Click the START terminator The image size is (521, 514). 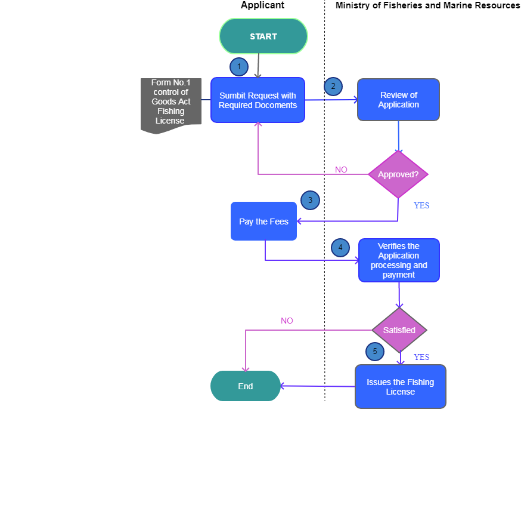pos(263,36)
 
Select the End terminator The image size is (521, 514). pos(246,386)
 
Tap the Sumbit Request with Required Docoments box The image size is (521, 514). pos(258,100)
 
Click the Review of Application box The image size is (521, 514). pos(398,100)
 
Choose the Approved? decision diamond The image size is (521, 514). pos(398,174)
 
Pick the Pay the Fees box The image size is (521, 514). pos(263,221)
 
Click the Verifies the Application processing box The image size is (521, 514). pos(399,260)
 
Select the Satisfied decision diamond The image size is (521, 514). pos(399,330)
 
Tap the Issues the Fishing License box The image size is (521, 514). pos(400,387)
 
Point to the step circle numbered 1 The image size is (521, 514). pos(239,67)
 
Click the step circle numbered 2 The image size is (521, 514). pos(333,86)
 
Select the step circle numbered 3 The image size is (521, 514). pos(310,200)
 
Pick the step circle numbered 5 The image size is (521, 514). pos(375,352)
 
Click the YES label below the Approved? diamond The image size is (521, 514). pos(421,205)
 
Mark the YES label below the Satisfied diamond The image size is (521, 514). pos(421,357)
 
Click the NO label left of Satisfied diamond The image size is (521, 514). pos(287,321)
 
